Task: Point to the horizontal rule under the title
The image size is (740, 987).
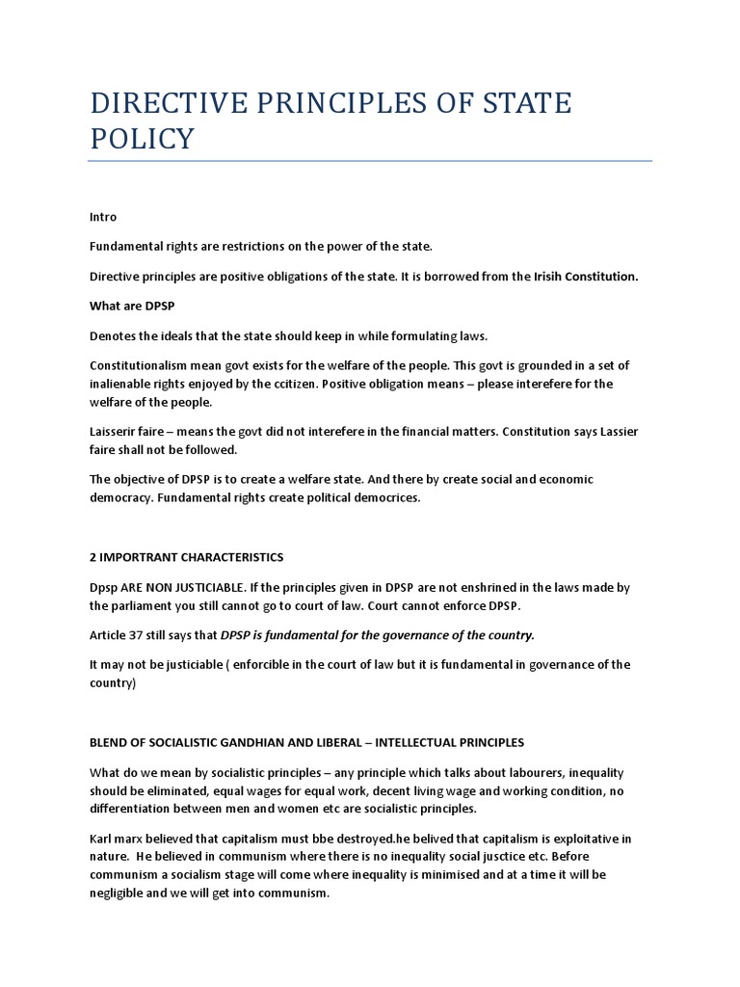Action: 371,161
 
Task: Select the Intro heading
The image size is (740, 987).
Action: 103,217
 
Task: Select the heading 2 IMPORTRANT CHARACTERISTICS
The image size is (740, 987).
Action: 187,557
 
